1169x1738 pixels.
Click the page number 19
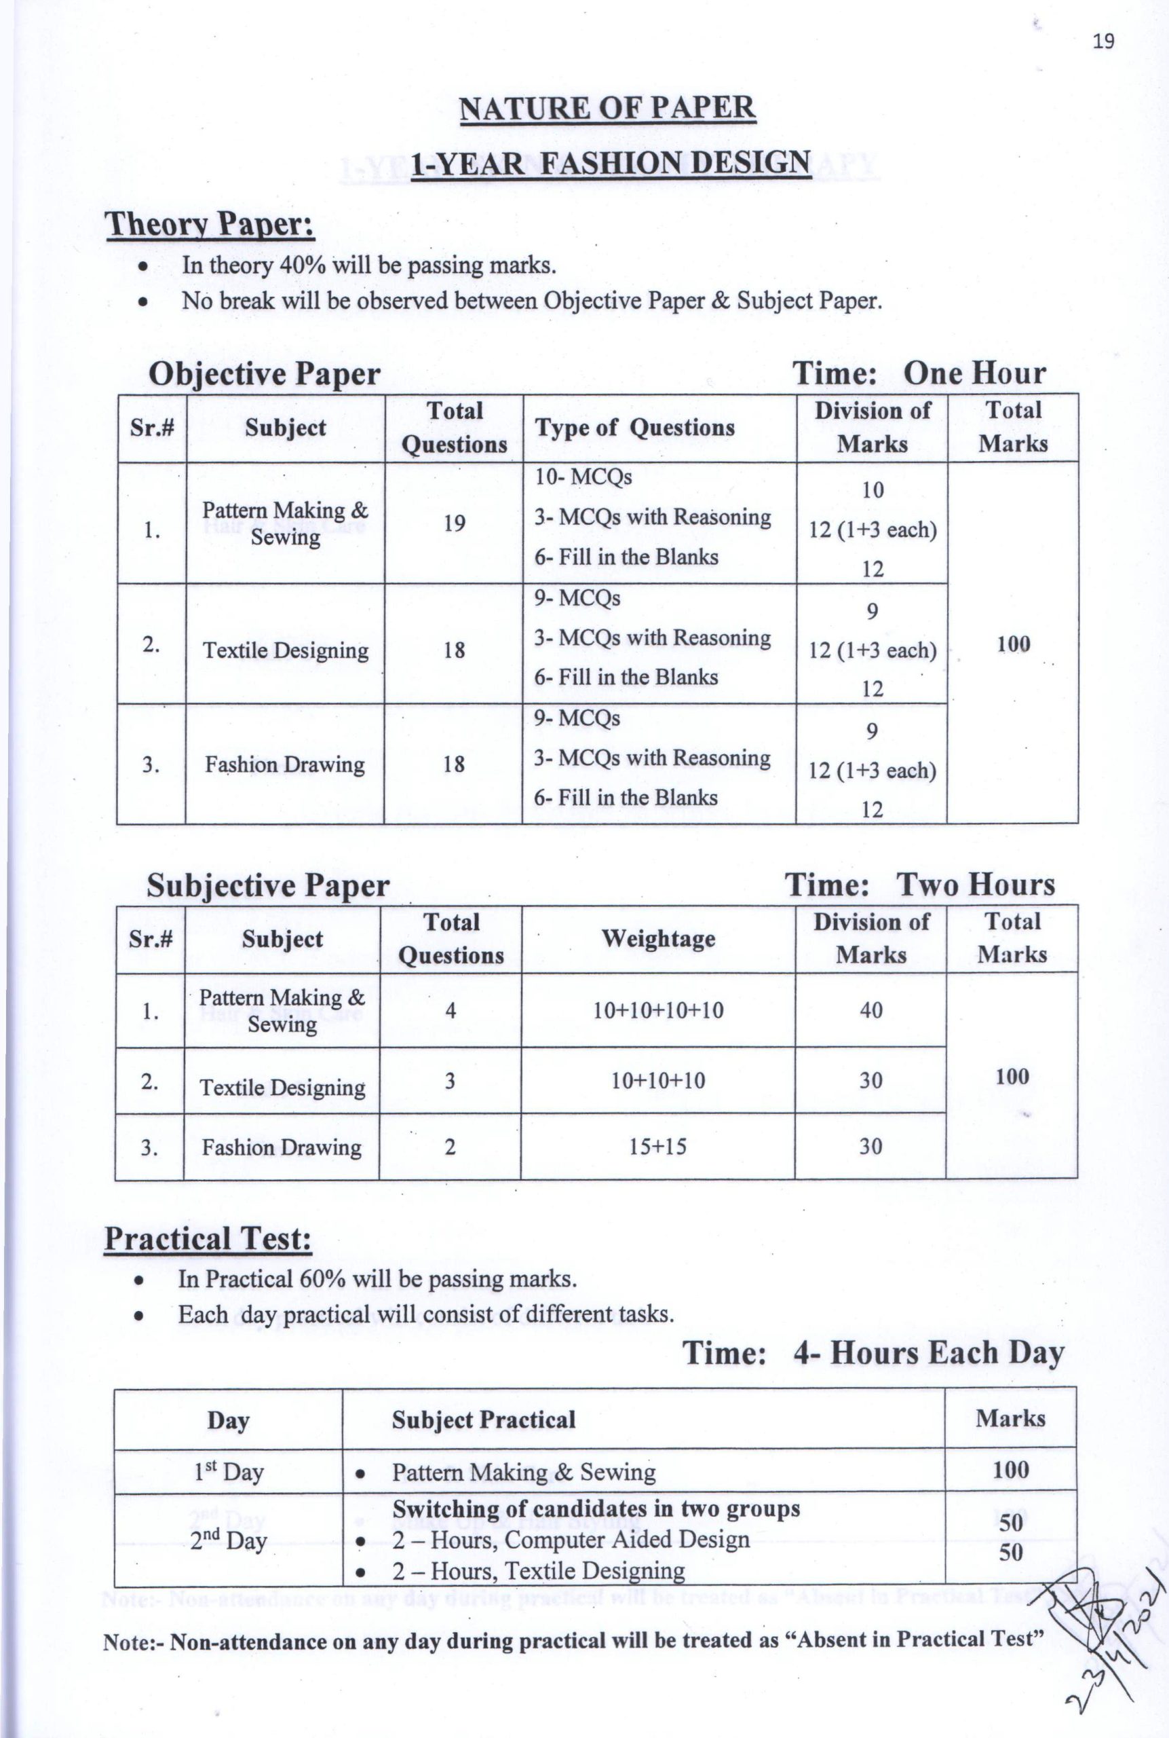1103,42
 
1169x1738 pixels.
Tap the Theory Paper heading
210,225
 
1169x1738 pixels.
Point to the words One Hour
974,373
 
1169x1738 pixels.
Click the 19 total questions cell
454,523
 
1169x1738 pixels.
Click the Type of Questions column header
634,428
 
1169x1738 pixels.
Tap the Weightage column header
658,938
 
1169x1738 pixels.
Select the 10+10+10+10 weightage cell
658,1010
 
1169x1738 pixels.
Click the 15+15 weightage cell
657,1147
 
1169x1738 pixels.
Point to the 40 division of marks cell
870,1010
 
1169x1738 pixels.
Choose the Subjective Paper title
267,885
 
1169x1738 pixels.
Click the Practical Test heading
207,1239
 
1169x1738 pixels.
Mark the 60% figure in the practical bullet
323,1279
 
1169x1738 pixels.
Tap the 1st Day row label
228,1472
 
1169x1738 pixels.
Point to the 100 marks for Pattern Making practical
1010,1471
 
